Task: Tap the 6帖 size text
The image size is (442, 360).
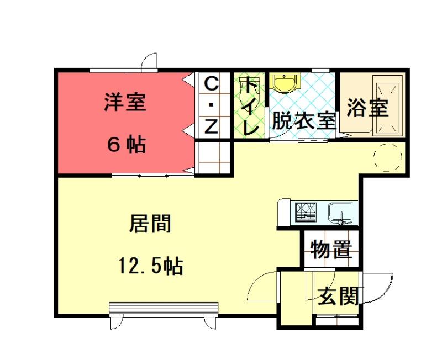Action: (x=127, y=144)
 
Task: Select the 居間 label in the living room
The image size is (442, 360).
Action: (x=150, y=224)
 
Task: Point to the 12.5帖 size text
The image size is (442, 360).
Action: (x=151, y=266)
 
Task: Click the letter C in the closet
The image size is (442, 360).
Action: (x=211, y=84)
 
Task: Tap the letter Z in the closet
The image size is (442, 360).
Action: (x=211, y=126)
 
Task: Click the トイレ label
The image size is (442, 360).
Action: (x=250, y=105)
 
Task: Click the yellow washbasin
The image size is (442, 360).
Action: (x=285, y=82)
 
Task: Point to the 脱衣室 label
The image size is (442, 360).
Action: (x=304, y=120)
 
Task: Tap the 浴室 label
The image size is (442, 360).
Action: (x=367, y=107)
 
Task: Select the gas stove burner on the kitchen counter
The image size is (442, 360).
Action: (x=306, y=213)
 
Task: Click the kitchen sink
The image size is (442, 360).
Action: (x=341, y=213)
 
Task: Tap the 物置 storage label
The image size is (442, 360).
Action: (x=331, y=250)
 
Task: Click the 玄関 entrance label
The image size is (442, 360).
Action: (x=338, y=296)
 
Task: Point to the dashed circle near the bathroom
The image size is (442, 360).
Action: (x=388, y=157)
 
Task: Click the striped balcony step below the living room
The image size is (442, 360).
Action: (x=164, y=310)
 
